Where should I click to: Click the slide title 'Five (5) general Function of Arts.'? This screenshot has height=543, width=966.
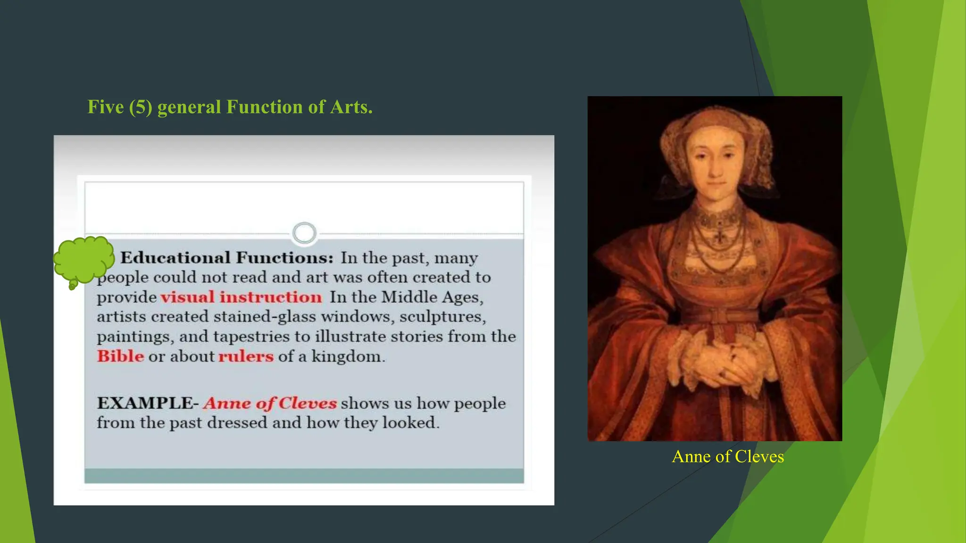[x=230, y=107]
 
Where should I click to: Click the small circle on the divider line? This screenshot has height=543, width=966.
[x=304, y=233]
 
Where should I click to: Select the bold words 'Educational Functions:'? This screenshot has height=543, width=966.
[x=227, y=258]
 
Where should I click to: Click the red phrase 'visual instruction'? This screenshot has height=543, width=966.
[x=241, y=297]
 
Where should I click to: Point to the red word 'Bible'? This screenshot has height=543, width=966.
[x=120, y=356]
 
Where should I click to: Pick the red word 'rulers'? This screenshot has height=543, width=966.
[x=246, y=356]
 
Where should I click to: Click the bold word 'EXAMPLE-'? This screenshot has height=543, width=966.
[x=148, y=403]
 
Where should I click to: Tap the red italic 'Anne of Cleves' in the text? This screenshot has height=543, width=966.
[x=270, y=403]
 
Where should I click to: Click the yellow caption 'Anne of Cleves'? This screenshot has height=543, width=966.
[x=727, y=456]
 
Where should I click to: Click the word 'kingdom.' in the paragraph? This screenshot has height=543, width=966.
[x=348, y=356]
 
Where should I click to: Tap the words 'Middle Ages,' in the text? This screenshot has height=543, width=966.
[x=432, y=297]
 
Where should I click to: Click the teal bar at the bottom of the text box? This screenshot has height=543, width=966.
[x=304, y=475]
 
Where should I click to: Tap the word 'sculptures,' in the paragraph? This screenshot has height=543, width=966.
[x=442, y=317]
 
